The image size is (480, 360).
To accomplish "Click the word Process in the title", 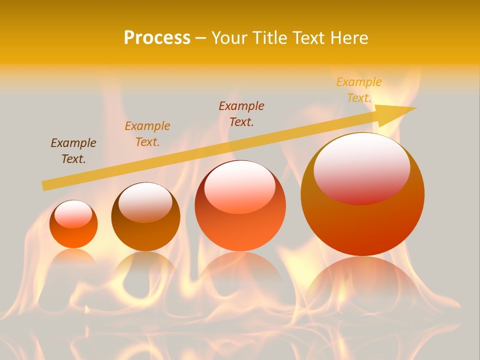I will (157, 38).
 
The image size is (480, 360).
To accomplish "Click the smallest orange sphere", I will (73, 235).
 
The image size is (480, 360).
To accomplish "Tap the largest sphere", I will (362, 225).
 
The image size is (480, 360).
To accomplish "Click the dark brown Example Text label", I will (73, 151).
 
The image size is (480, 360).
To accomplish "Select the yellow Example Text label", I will (359, 90).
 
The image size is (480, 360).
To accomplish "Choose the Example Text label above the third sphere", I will (241, 113).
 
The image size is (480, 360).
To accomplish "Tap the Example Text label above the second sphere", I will (147, 134).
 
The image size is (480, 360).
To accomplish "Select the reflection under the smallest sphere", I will (73, 258).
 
